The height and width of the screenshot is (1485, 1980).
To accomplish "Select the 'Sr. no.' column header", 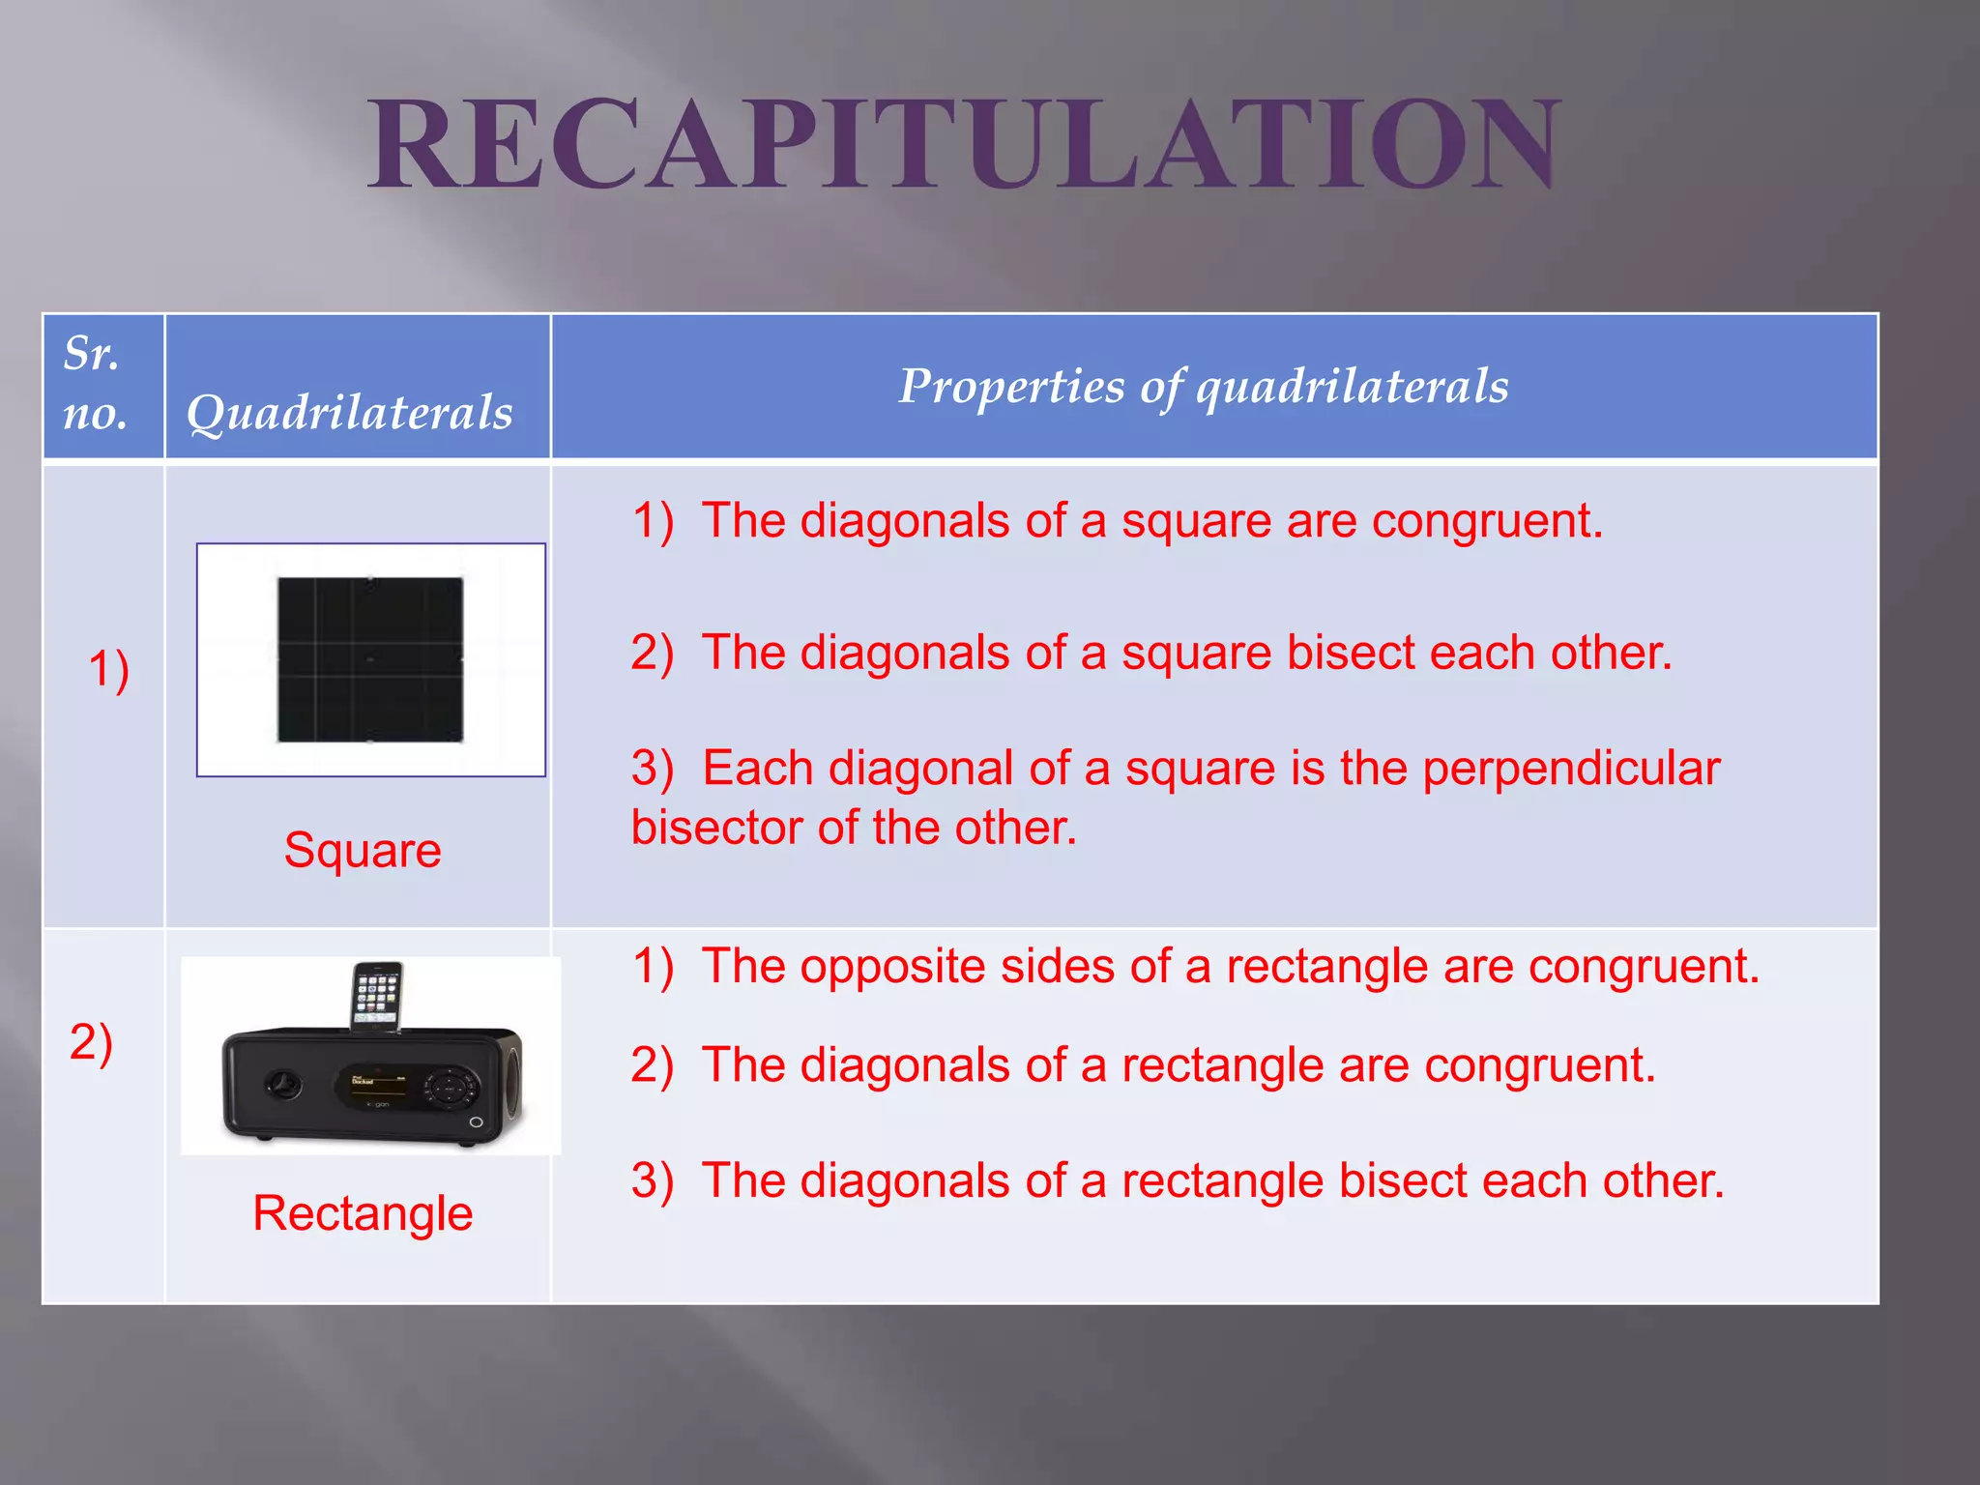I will pos(95,384).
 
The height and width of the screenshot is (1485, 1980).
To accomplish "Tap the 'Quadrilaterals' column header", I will pos(349,413).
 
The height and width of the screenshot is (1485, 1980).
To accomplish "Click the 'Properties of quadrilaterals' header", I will pos(1203,387).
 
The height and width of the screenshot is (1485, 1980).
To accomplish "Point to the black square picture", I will pos(370,659).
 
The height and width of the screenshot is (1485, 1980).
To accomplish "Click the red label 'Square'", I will pos(363,851).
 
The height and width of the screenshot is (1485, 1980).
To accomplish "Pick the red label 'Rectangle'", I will pos(363,1213).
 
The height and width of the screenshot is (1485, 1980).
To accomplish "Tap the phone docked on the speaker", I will pos(375,994).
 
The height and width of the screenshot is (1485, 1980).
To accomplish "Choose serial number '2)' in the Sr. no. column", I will pos(91,1042).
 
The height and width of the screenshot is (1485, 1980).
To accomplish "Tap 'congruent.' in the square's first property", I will pos(1487,522).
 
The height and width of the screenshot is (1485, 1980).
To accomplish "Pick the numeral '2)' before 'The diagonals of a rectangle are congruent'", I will pos(652,1066).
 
